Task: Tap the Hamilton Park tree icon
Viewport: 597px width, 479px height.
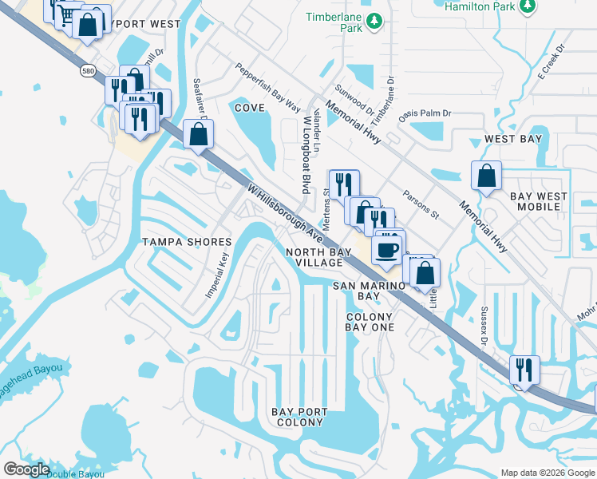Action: (526, 7)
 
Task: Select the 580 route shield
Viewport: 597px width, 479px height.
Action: (89, 71)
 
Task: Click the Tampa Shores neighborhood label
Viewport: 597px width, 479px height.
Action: (186, 241)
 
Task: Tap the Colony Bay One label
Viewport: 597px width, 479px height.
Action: (370, 322)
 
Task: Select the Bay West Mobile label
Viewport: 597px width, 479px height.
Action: (539, 201)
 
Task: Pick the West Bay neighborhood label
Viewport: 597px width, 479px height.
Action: (513, 139)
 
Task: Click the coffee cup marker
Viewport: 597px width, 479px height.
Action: (387, 248)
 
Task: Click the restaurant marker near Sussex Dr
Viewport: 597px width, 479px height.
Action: (525, 370)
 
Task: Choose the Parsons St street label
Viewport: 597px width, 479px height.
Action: (421, 204)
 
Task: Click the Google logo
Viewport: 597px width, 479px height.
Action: (27, 469)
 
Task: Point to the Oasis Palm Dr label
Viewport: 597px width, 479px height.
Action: (425, 113)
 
